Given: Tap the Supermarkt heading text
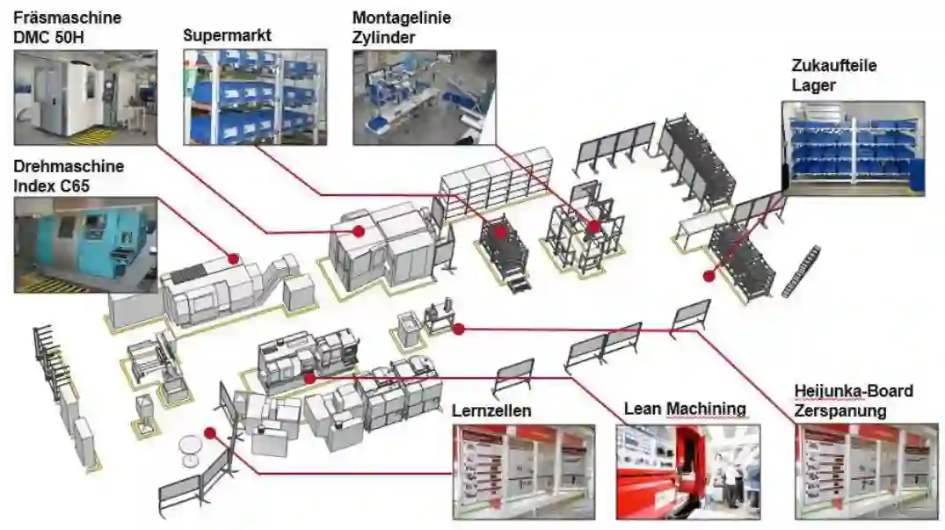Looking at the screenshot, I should [x=227, y=36].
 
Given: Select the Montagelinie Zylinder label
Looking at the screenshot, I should [x=396, y=27].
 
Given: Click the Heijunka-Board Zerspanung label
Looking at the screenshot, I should [x=853, y=400].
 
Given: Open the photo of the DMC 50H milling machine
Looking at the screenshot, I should [x=85, y=97].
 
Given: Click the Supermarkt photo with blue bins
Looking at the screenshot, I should [x=255, y=97].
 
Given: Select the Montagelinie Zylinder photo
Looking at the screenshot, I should [x=424, y=97].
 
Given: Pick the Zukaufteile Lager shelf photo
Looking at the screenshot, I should [x=853, y=147].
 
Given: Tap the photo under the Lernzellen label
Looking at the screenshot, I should [x=523, y=471].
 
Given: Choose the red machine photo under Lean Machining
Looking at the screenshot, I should [x=687, y=471].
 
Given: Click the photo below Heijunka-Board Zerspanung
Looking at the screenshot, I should [x=866, y=471].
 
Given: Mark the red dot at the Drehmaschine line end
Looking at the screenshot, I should [x=233, y=258].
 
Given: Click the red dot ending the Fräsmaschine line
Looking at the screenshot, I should [x=359, y=230].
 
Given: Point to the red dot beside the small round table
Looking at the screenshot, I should [x=209, y=432].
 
